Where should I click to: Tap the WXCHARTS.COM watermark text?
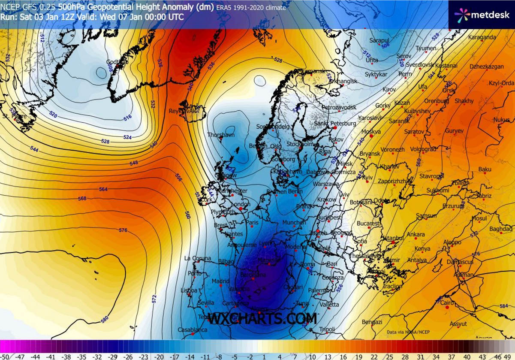point(262,319)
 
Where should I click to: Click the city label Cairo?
point(447,303)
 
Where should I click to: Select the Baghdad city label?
point(500,229)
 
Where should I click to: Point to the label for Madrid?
point(220,281)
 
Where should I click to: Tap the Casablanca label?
point(193,330)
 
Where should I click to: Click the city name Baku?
point(485,169)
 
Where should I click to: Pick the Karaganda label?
point(482,37)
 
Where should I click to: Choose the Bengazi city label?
point(372,322)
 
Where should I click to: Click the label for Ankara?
point(416,234)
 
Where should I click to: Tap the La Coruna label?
point(197,258)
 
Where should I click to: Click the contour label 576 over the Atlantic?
point(123,230)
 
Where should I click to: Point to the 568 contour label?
point(82,198)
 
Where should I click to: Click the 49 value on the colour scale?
point(510,357)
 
